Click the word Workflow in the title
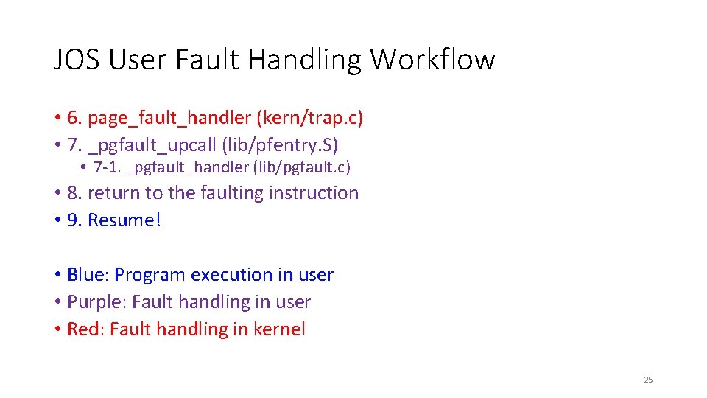tap(432, 59)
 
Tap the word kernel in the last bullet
tap(278, 329)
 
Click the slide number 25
tap(648, 380)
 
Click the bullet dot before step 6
tap(57, 118)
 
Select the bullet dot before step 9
tap(57, 220)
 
